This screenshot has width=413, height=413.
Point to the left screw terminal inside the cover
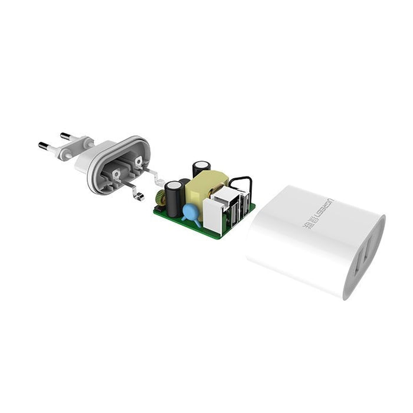click(116, 173)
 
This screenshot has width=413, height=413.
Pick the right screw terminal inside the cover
click(139, 160)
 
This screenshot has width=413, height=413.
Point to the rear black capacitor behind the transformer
click(201, 168)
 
